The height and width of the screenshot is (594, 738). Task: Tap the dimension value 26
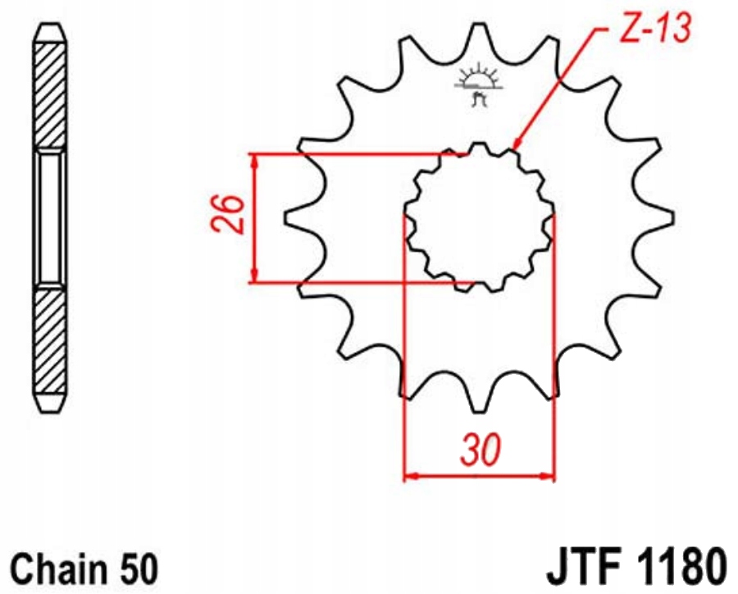pyautogui.click(x=228, y=214)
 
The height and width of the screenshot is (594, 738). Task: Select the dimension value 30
pyautogui.click(x=481, y=450)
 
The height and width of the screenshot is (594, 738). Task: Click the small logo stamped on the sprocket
pyautogui.click(x=477, y=85)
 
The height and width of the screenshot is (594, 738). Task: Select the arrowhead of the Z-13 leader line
pyautogui.click(x=517, y=144)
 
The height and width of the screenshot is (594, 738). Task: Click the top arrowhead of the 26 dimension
pyautogui.click(x=254, y=160)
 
